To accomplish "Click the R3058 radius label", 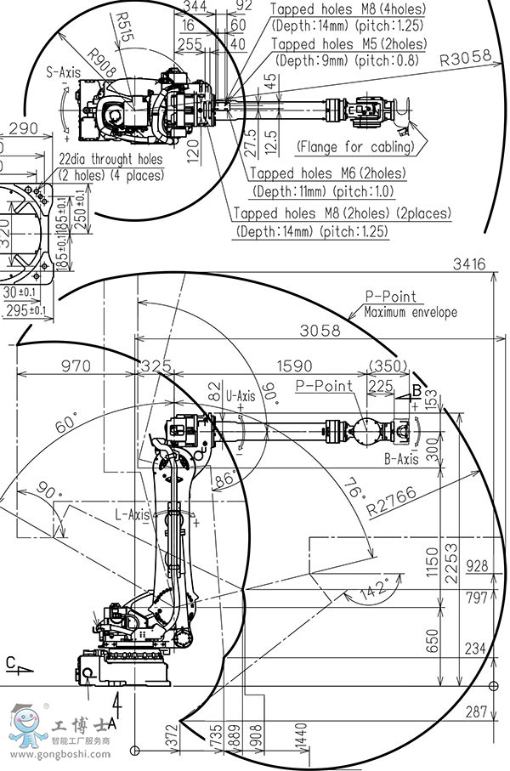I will pos(467,59).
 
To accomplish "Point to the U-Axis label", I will pos(241,395).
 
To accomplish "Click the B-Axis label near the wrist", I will pos(402,459).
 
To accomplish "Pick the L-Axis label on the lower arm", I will pos(133,514).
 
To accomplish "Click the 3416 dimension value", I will pos(469,264).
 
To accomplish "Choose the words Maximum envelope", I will pos(411,312).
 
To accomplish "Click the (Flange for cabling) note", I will pos(355,146).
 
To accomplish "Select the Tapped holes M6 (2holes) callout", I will pos(327,173).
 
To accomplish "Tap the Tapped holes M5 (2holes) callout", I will pos(348,43).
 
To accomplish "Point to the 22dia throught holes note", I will pos(110,159).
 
